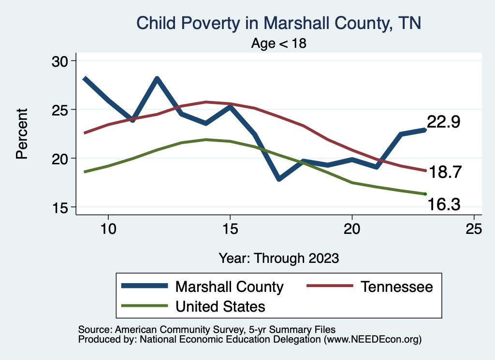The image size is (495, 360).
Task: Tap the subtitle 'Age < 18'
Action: [279, 43]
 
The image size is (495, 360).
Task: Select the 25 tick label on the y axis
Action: [60, 110]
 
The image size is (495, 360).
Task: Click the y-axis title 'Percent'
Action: [21, 134]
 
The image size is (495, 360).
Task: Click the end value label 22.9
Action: [443, 122]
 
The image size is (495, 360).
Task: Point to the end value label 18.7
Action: [445, 172]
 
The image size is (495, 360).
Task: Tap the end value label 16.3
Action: [444, 206]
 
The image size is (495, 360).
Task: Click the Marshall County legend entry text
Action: [229, 287]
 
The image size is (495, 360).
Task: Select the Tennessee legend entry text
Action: [396, 287]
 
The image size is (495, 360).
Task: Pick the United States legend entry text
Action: [220, 306]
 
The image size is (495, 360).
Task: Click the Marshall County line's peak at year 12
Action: [157, 79]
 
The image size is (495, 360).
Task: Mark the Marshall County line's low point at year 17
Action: [279, 179]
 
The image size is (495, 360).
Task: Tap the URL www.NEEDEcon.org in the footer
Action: [372, 340]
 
